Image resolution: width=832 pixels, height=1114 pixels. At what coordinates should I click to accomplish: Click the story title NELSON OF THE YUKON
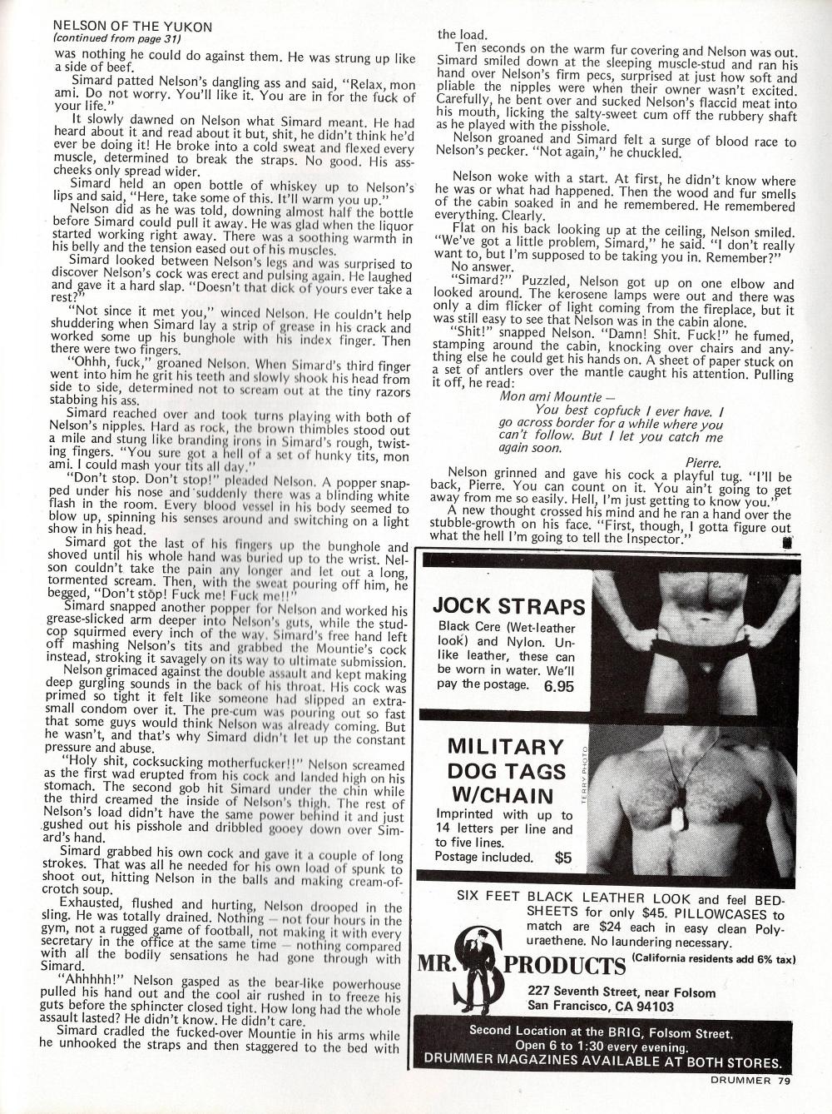pyautogui.click(x=132, y=27)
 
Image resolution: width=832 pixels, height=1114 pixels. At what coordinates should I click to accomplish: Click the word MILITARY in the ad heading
pyautogui.click(x=505, y=746)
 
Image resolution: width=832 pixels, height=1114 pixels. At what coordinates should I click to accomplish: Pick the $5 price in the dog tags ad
pyautogui.click(x=562, y=856)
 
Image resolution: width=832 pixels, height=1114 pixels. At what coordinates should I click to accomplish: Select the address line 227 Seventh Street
pyautogui.click(x=622, y=992)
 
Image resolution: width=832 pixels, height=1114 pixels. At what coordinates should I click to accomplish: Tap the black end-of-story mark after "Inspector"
pyautogui.click(x=786, y=540)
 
